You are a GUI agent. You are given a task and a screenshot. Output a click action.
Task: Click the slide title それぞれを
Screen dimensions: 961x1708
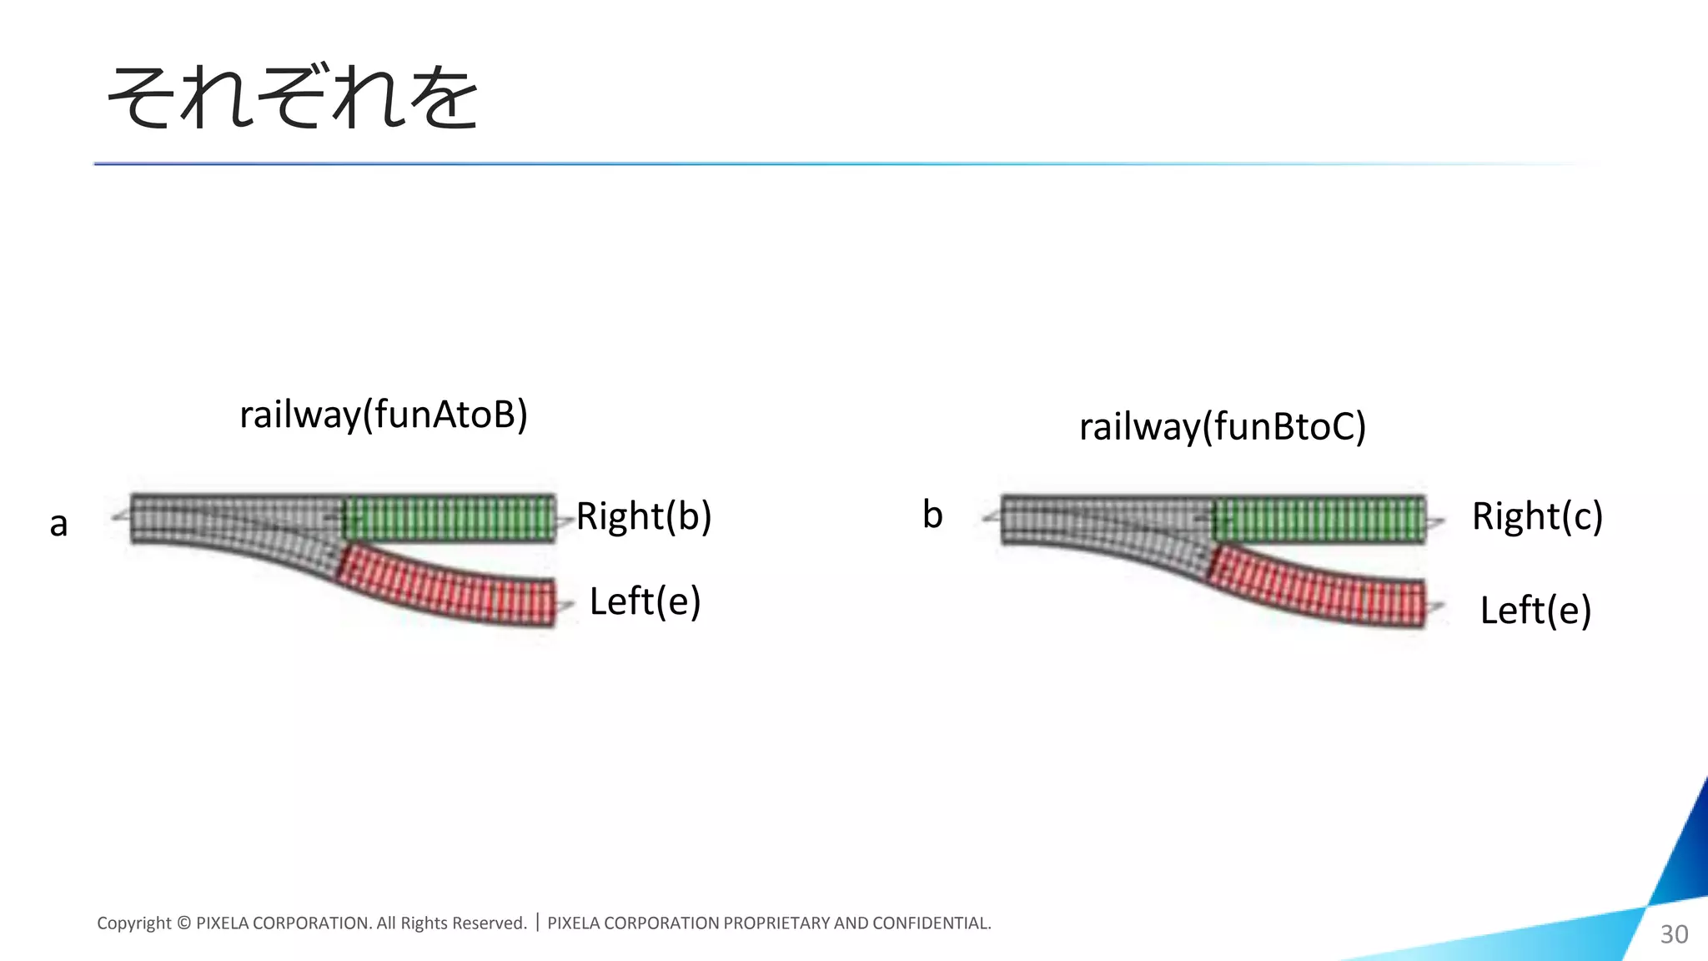(293, 98)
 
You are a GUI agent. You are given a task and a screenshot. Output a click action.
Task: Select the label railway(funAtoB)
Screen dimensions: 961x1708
(384, 415)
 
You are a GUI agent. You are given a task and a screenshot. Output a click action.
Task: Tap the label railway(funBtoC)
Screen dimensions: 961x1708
(1223, 426)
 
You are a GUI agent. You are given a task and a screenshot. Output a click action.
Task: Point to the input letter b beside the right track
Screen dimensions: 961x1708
(932, 515)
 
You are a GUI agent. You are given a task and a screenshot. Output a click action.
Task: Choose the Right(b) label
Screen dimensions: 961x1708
(644, 516)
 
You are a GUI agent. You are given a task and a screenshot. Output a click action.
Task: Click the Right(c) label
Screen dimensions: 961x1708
(1537, 516)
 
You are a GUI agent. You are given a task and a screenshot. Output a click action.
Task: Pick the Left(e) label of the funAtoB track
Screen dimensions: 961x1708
(645, 601)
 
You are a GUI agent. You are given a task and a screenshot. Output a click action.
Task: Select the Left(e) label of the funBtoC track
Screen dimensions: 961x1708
(1535, 611)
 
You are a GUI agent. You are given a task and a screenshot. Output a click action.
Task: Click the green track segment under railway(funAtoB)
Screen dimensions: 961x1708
(450, 518)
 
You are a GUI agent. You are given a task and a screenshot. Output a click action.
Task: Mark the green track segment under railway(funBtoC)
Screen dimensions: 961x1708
(1319, 518)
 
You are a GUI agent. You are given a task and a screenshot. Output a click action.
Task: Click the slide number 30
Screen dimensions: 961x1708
(1674, 934)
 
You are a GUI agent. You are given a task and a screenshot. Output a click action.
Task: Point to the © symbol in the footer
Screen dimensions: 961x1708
(184, 923)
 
